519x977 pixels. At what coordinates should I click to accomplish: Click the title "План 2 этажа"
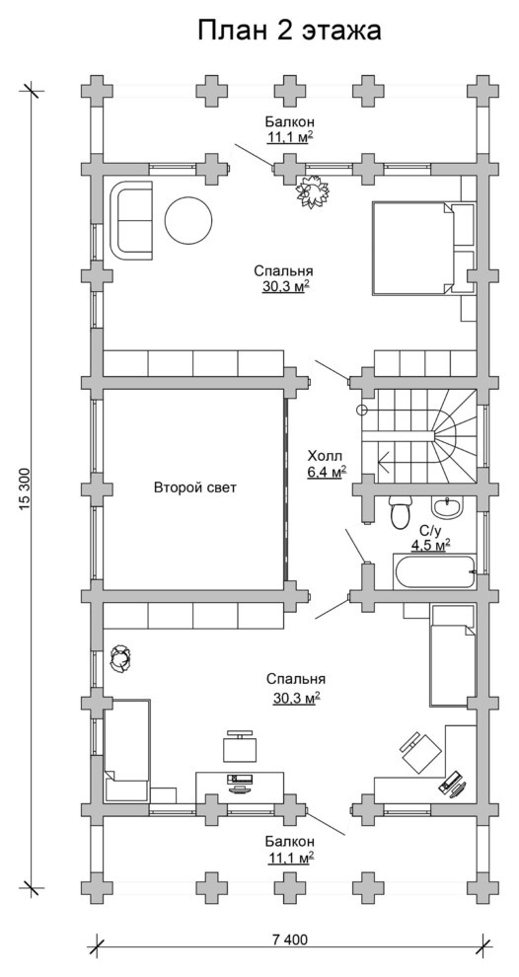click(x=289, y=30)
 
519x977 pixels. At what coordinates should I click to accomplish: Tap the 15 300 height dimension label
click(x=25, y=489)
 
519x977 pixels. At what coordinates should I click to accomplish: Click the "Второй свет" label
click(x=195, y=488)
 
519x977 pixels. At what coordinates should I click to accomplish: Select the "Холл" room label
click(x=326, y=456)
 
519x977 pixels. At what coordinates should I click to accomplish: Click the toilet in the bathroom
click(x=399, y=511)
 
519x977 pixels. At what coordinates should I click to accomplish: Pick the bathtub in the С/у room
click(x=434, y=570)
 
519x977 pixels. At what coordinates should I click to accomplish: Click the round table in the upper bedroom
click(x=188, y=221)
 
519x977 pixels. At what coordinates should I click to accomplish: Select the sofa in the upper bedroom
click(x=131, y=220)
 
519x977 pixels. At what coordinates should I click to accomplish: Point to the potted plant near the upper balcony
click(x=312, y=191)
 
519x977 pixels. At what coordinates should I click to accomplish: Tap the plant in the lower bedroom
click(x=120, y=658)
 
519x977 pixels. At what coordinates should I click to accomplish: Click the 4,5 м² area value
click(x=430, y=545)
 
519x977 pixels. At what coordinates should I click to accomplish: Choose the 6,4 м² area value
click(x=328, y=472)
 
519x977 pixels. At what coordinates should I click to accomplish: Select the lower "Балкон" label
click(x=289, y=841)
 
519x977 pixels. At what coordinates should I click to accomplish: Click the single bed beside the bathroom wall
click(x=452, y=655)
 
